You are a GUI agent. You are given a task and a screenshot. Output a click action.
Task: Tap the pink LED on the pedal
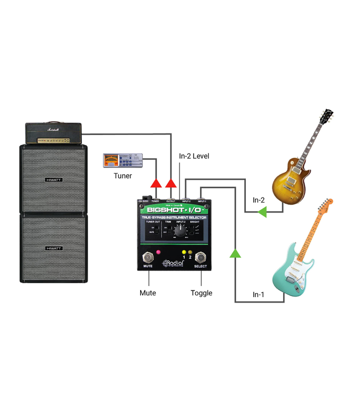click(158, 252)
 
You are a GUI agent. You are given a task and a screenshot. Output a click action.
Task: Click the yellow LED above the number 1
click(183, 252)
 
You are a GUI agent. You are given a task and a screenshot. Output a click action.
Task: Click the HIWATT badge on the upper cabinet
click(54, 179)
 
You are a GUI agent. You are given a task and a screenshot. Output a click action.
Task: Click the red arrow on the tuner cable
click(156, 183)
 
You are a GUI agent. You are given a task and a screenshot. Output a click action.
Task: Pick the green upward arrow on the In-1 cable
click(235, 253)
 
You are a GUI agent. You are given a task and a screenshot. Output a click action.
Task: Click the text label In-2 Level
click(193, 157)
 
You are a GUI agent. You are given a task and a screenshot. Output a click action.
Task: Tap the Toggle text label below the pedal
click(201, 293)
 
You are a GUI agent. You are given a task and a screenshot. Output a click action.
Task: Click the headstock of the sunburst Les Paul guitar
click(326, 117)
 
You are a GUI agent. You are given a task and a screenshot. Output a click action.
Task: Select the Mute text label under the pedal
click(148, 293)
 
